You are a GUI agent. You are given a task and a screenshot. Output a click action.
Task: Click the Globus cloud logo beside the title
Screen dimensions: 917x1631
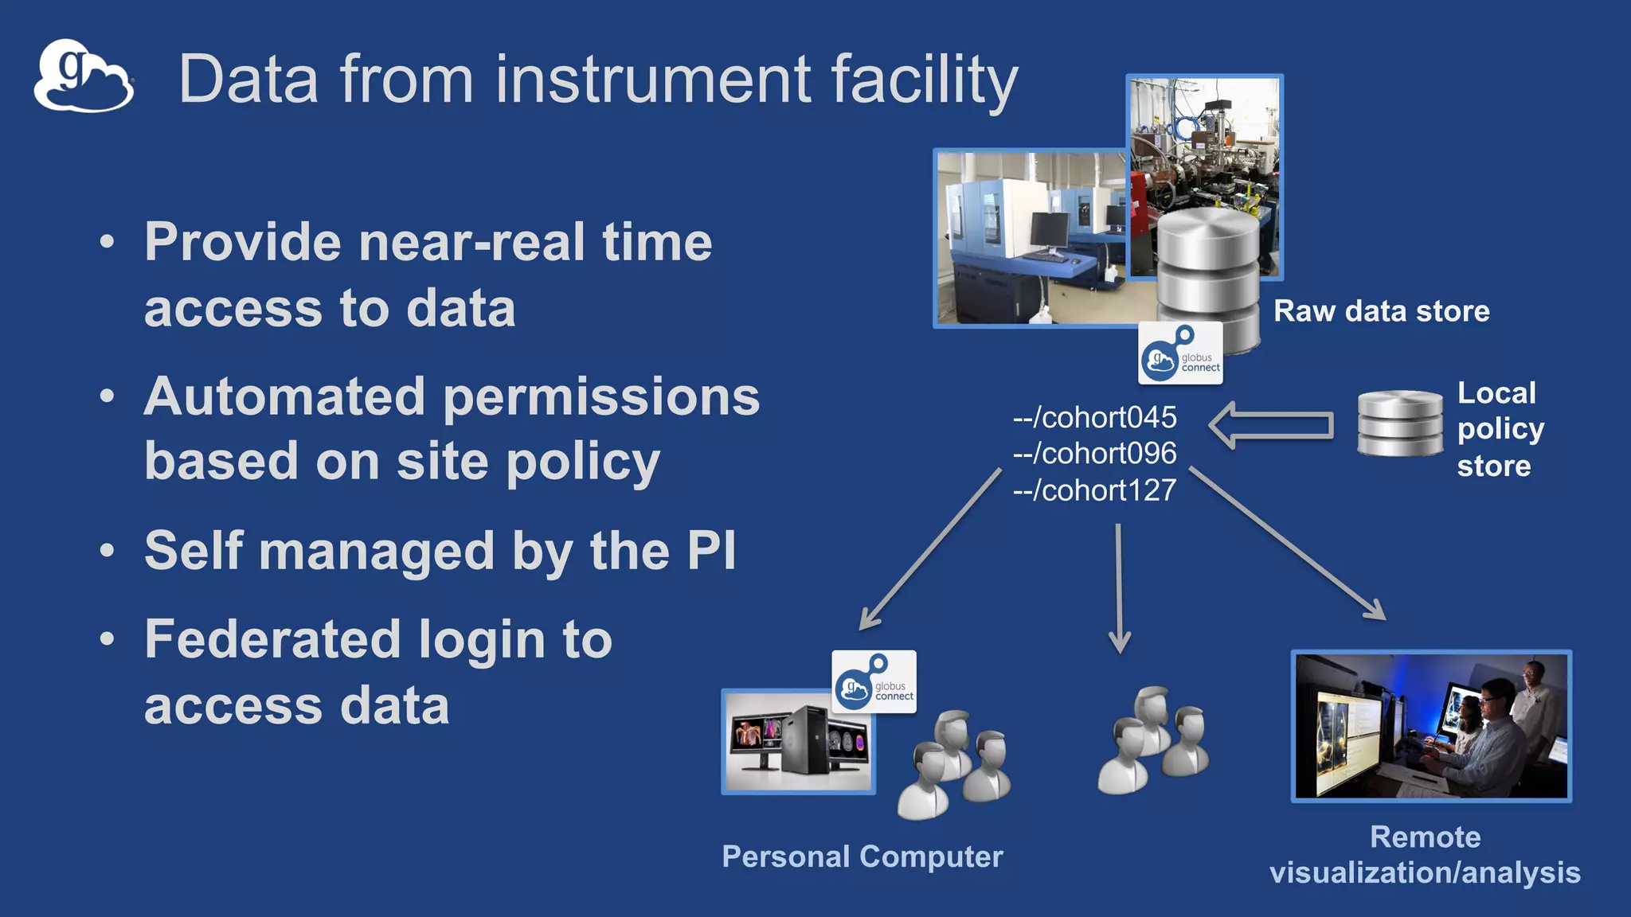coord(83,76)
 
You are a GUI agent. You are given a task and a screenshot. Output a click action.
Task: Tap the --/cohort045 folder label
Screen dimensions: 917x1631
coord(1094,417)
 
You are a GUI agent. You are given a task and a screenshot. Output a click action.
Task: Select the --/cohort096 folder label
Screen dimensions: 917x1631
coord(1094,454)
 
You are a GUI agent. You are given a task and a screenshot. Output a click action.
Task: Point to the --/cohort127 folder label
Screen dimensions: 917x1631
coord(1094,490)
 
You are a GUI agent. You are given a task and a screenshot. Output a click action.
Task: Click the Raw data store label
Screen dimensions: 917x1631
coord(1381,311)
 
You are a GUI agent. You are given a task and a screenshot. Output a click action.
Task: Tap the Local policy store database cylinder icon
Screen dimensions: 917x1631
coord(1400,423)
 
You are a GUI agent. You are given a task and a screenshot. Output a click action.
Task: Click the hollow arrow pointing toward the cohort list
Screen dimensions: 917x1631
coord(1271,425)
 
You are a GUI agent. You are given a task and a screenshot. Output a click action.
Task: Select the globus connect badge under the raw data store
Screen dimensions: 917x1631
coord(1180,353)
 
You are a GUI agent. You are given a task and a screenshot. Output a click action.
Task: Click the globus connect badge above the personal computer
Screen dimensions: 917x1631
coord(874,682)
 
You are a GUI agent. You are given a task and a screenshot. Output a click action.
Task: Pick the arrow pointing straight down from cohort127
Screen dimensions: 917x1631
coord(1119,589)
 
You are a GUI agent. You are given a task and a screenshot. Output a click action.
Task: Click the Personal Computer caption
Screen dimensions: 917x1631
coord(862,857)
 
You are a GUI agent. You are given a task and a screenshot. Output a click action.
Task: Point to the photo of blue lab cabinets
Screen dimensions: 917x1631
coord(1031,239)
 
